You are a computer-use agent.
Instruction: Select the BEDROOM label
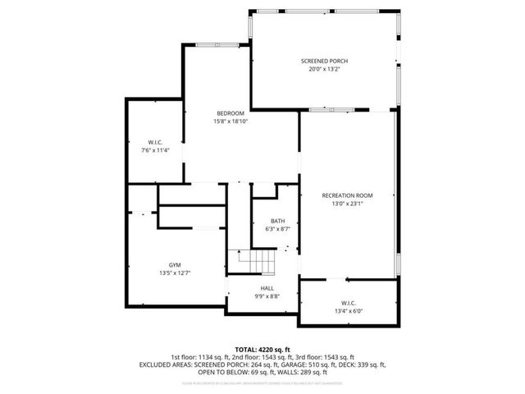(x=230, y=113)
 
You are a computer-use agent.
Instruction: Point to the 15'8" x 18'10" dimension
(x=230, y=121)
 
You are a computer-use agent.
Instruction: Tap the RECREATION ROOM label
(x=347, y=195)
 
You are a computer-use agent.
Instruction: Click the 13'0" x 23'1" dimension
(x=347, y=204)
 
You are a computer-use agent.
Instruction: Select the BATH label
(x=278, y=221)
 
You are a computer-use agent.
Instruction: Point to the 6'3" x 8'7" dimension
(x=278, y=229)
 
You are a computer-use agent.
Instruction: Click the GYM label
(x=175, y=264)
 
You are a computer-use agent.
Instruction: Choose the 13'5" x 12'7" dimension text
(x=175, y=273)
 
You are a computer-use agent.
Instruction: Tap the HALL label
(x=267, y=288)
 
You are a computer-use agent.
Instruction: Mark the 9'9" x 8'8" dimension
(x=267, y=296)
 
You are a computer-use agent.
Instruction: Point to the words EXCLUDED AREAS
(x=196, y=364)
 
